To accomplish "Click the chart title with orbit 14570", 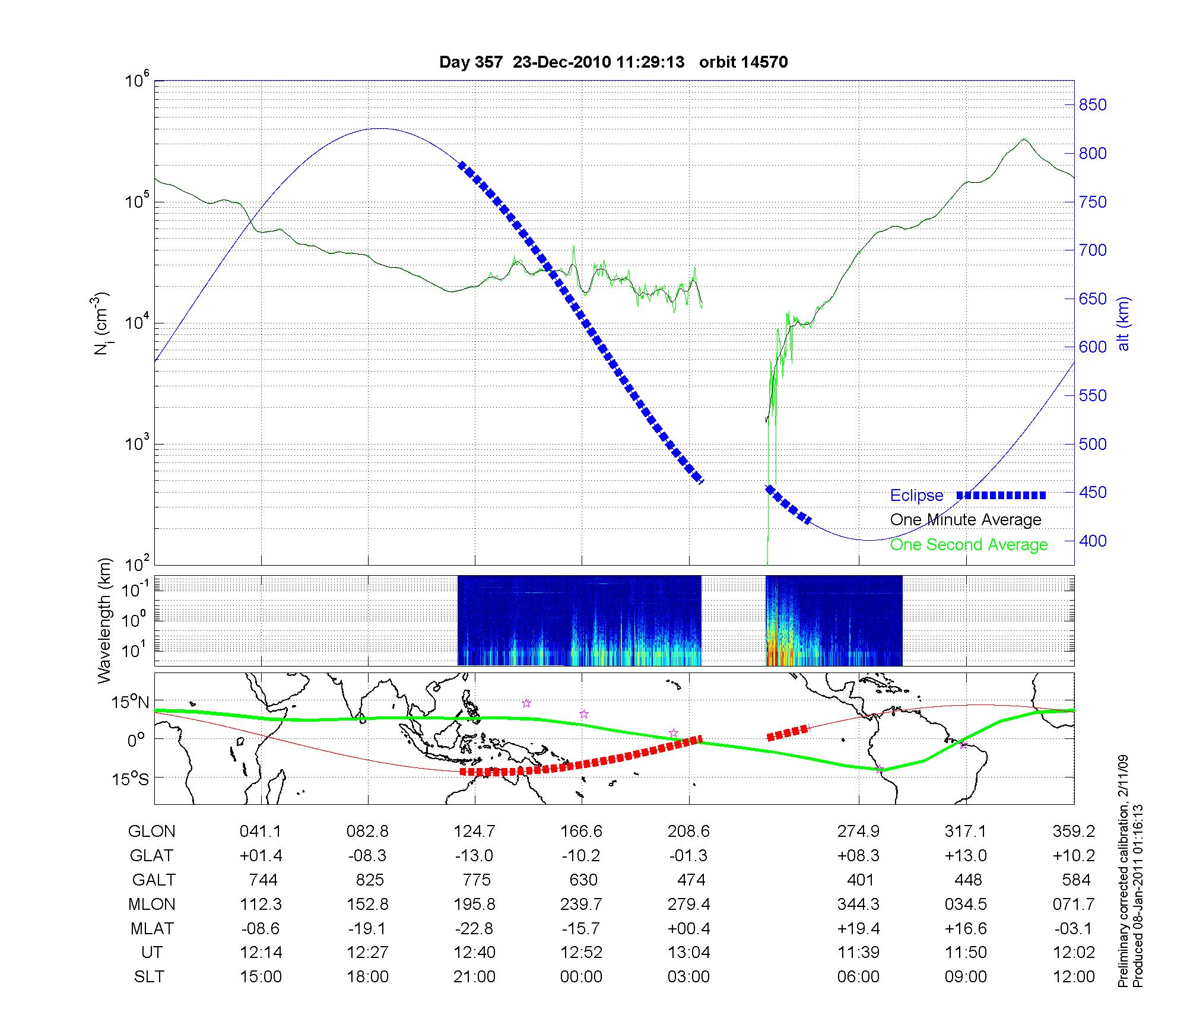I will pyautogui.click(x=613, y=62).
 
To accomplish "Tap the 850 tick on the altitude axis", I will pyautogui.click(x=1093, y=105).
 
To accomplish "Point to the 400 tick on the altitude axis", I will pyautogui.click(x=1093, y=541).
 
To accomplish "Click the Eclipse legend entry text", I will pyautogui.click(x=916, y=496).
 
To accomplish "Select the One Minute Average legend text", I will pyautogui.click(x=966, y=520).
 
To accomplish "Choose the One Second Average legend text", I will pyautogui.click(x=969, y=545).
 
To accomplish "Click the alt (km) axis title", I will pyautogui.click(x=1123, y=323).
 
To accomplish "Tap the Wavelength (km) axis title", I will pyautogui.click(x=105, y=620).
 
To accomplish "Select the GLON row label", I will pyautogui.click(x=151, y=832).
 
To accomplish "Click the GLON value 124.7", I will pyautogui.click(x=474, y=832).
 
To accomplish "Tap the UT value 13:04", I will pyautogui.click(x=688, y=953).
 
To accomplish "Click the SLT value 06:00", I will pyautogui.click(x=858, y=977).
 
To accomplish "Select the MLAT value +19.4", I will pyautogui.click(x=858, y=928).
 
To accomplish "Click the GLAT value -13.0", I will pyautogui.click(x=474, y=856).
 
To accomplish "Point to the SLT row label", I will pyautogui.click(x=149, y=977).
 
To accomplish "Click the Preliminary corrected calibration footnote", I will pyautogui.click(x=1123, y=871).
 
